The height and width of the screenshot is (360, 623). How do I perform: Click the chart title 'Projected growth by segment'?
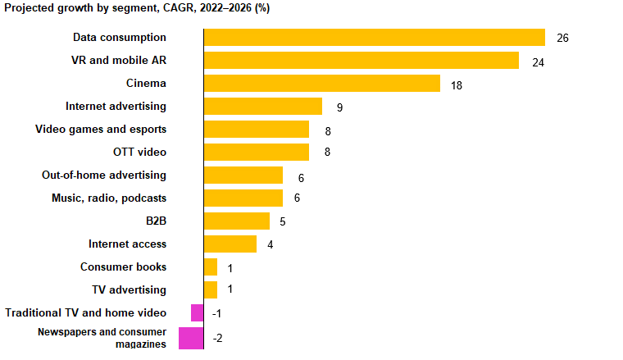138,8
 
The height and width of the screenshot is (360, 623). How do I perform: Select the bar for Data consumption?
374,38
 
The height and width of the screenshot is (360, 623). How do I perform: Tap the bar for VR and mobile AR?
361,61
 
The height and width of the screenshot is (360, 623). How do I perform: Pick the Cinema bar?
321,84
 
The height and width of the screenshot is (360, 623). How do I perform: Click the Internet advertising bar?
262,107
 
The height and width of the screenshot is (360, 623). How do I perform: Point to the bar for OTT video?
256,153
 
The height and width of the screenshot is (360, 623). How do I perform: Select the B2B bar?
236,221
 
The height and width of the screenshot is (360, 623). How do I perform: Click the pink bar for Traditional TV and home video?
197,313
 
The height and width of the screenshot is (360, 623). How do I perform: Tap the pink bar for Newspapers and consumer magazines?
190,338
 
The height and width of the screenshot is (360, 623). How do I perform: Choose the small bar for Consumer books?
210,267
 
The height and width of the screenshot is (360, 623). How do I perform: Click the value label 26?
562,39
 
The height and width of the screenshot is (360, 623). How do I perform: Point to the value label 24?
538,62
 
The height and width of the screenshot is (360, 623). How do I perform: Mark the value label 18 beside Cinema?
457,84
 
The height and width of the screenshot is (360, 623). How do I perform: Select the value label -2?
218,338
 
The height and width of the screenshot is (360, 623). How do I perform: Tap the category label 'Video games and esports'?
101,130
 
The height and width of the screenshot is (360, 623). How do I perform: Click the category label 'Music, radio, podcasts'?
109,198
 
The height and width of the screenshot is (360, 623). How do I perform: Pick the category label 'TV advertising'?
129,290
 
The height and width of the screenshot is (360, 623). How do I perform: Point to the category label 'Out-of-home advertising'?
104,175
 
